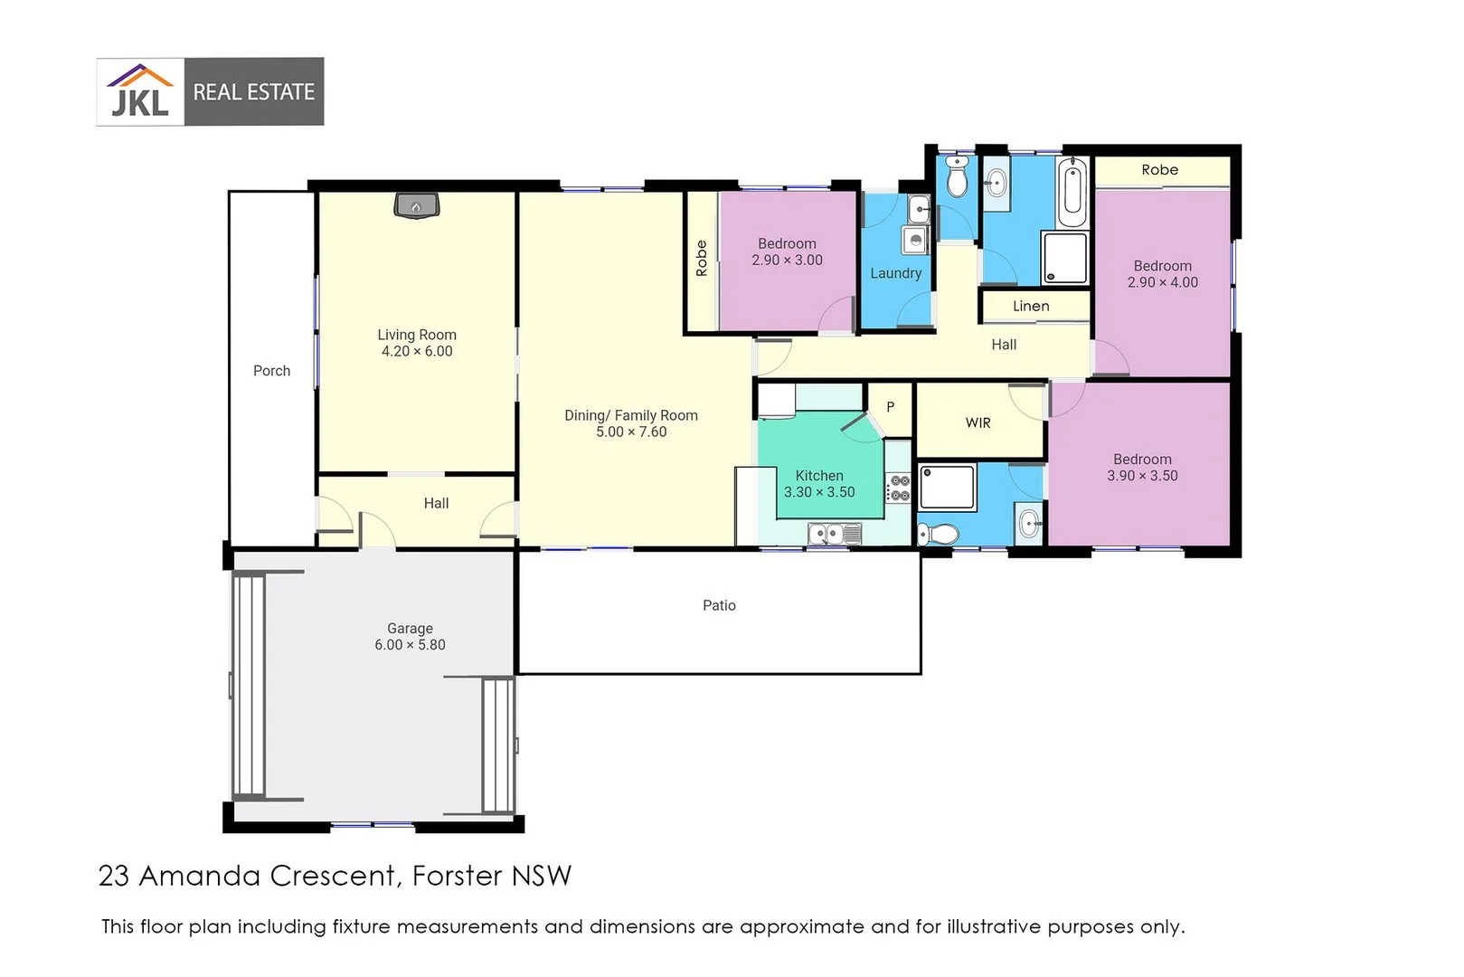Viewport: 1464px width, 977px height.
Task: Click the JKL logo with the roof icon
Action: [x=140, y=90]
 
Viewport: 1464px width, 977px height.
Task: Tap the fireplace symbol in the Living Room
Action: [x=416, y=206]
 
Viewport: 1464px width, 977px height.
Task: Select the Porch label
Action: [x=272, y=371]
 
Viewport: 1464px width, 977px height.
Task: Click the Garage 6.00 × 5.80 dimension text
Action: [x=410, y=645]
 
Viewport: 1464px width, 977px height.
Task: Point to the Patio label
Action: [x=719, y=605]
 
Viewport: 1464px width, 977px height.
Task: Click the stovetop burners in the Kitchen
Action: [x=899, y=488]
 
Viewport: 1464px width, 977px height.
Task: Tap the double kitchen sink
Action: [x=835, y=535]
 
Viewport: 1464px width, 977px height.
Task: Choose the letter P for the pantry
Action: [x=890, y=407]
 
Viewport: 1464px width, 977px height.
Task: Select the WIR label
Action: [x=978, y=423]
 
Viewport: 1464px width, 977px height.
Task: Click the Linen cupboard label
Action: [x=1031, y=306]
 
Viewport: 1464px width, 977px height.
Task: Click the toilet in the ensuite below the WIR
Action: [x=939, y=535]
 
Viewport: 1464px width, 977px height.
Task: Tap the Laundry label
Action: [x=895, y=273]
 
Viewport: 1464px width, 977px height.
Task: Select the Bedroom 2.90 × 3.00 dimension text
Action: [x=787, y=261]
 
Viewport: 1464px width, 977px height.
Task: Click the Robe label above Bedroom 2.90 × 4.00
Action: [x=1159, y=170]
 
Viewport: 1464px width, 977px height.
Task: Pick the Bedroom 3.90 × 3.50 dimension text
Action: [x=1142, y=476]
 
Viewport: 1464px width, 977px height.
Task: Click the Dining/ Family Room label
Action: [x=630, y=415]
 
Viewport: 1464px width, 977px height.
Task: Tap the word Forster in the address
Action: [x=458, y=876]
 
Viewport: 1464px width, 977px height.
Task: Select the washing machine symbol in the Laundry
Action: [x=916, y=240]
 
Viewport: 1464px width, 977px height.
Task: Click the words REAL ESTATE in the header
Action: [x=253, y=91]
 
